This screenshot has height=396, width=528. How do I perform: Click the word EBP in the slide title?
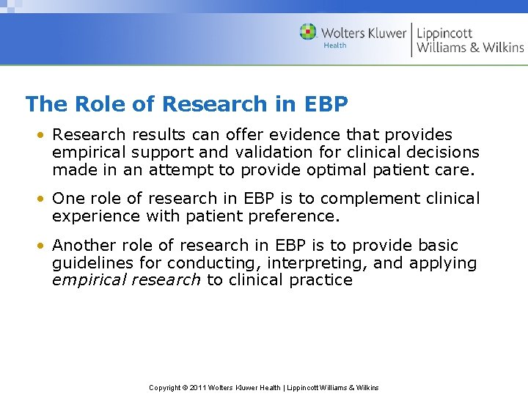[x=325, y=104]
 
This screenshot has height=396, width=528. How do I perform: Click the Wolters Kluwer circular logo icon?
[x=308, y=32]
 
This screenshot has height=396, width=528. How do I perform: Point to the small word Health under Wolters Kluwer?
[x=334, y=45]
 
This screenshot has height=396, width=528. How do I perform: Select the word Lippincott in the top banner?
[x=444, y=33]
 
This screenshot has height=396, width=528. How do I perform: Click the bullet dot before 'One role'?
[x=45, y=199]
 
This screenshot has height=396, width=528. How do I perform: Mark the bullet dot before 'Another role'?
[x=45, y=246]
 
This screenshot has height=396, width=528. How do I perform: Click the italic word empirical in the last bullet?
[x=87, y=280]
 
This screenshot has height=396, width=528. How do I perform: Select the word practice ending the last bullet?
[x=321, y=280]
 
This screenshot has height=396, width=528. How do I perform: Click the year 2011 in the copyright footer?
[x=199, y=387]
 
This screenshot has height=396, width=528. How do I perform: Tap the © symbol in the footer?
[x=186, y=387]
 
